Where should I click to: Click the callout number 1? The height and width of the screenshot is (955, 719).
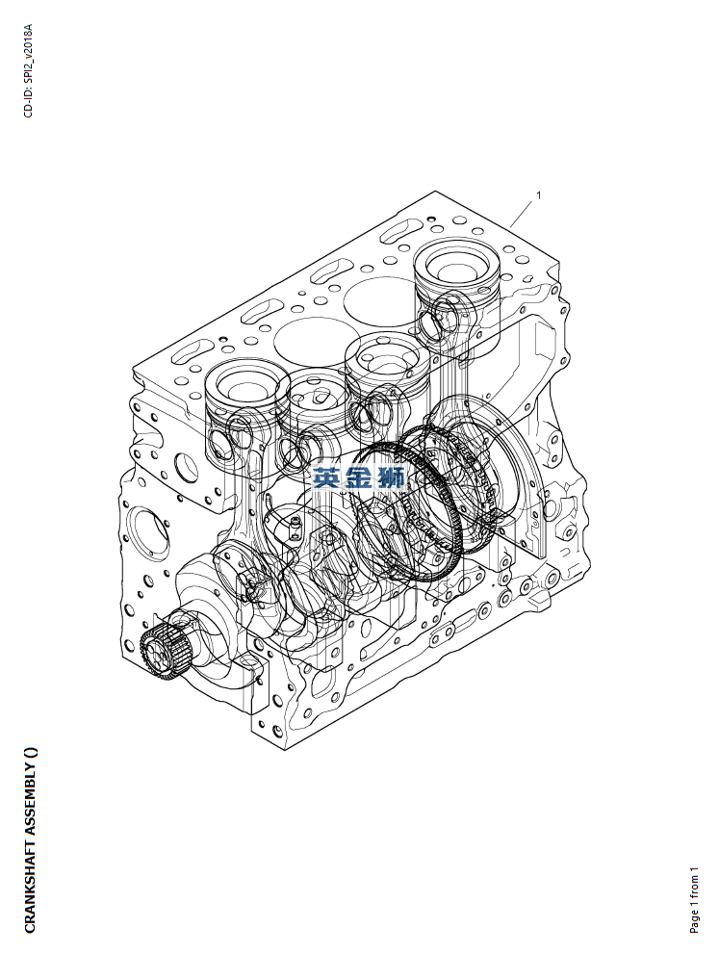538,195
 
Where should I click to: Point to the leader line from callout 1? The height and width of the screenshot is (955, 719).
523,214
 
